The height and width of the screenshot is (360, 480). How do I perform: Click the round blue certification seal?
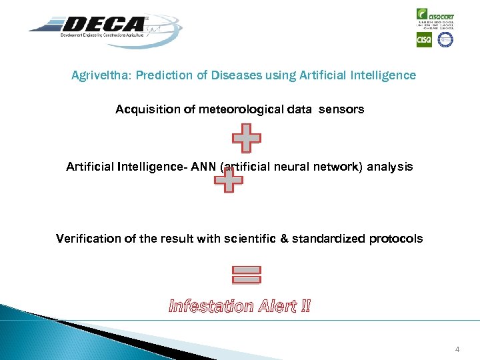point(445,39)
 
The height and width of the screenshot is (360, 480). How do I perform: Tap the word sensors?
point(341,109)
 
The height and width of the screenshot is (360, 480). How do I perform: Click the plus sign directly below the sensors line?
point(246,138)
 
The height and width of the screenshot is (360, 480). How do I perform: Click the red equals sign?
point(247,273)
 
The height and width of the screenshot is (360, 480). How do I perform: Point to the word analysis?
point(389,167)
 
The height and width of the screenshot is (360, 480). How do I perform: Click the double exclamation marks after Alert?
point(305,307)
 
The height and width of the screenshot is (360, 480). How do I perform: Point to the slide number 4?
point(457,349)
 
